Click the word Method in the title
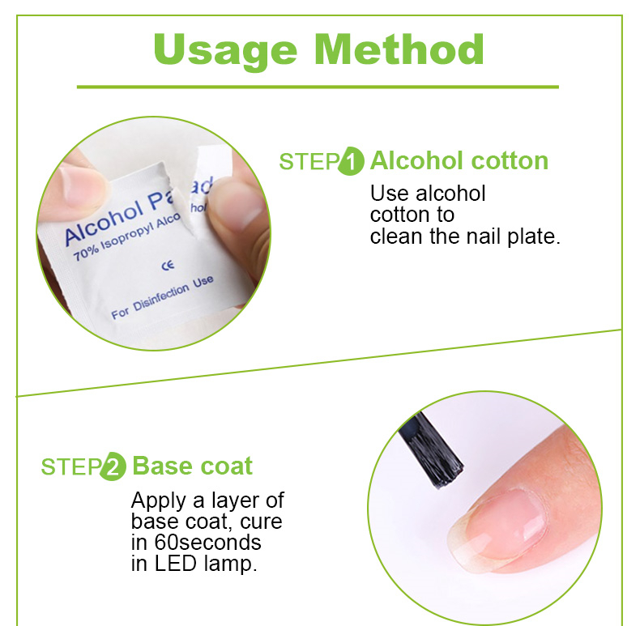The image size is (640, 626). (x=399, y=49)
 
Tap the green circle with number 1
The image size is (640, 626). (x=351, y=161)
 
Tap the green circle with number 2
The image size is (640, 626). (x=113, y=466)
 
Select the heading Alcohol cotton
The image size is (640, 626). (x=459, y=160)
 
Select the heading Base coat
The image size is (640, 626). (x=193, y=466)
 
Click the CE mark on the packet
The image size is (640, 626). (x=168, y=266)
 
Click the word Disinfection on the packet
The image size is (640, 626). (x=161, y=297)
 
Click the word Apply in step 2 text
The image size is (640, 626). (x=158, y=501)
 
